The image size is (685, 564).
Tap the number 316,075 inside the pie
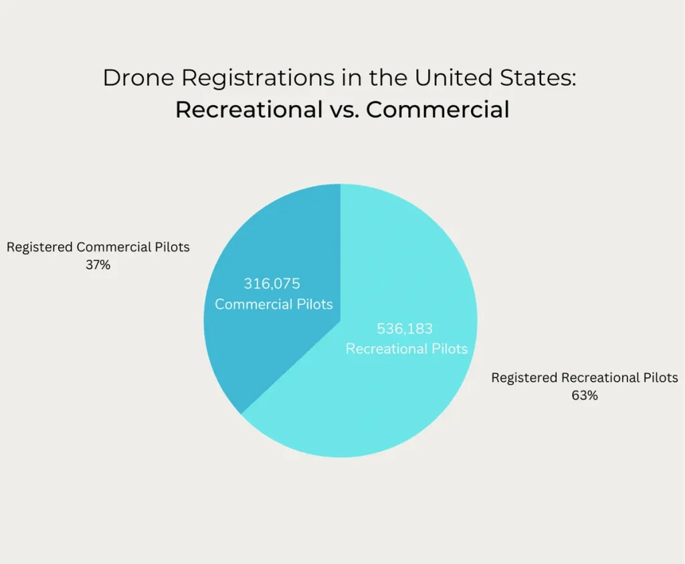272,284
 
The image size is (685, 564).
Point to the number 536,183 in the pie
405,328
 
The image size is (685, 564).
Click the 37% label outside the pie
98,265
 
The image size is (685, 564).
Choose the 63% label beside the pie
584,395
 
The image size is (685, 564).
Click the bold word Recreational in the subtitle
249,109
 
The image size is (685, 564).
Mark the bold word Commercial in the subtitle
437,109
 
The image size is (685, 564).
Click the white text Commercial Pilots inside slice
274,304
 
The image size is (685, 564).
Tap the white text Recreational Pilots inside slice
406,349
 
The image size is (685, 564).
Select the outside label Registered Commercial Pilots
98,248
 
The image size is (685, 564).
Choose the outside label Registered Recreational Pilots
584,378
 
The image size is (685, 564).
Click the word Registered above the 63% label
524,378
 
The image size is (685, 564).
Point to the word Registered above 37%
39,248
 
